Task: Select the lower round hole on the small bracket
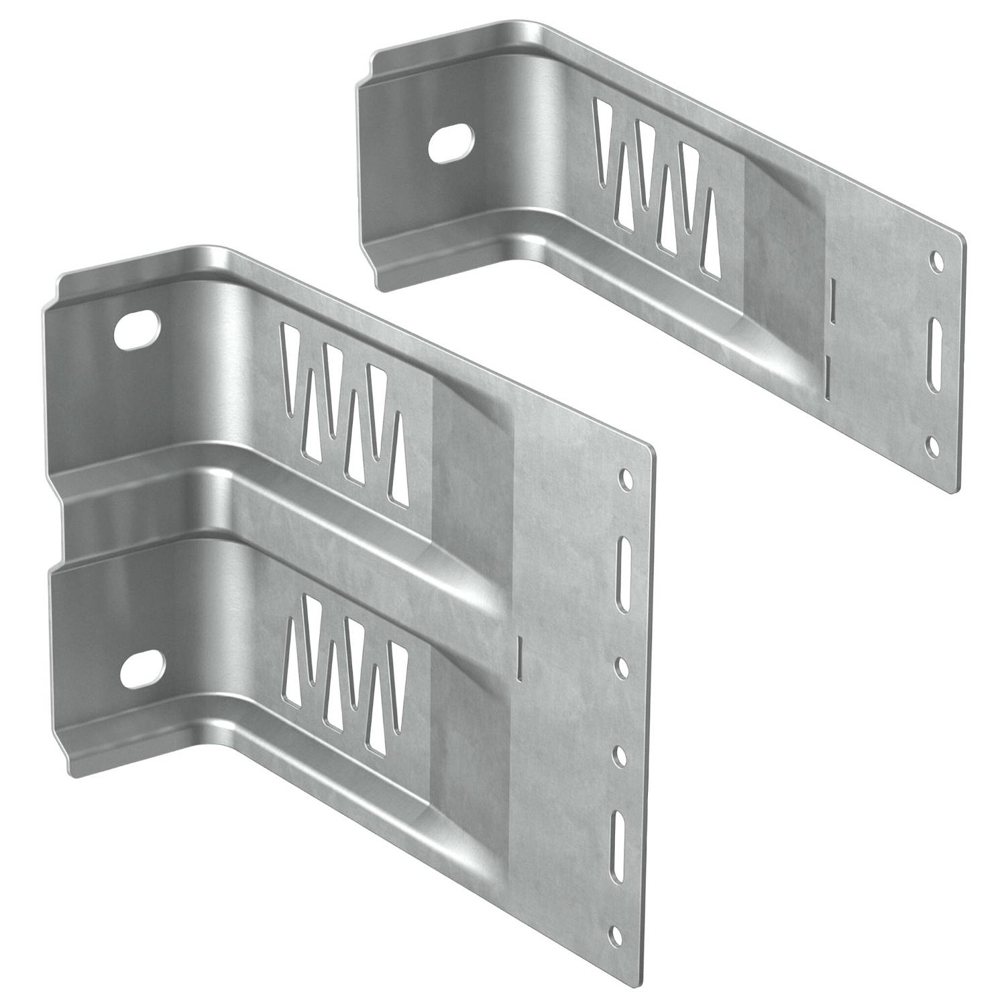point(932,445)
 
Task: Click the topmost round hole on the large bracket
point(625,478)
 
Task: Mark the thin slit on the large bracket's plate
point(520,655)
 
